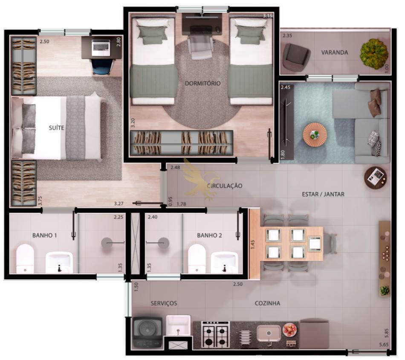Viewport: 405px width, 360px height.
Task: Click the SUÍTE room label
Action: click(x=57, y=128)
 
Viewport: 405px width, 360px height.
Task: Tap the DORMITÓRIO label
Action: click(x=203, y=83)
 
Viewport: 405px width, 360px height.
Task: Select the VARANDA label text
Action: click(x=335, y=52)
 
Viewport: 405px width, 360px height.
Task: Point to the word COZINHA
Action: click(x=267, y=303)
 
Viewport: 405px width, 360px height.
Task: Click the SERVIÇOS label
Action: click(x=164, y=303)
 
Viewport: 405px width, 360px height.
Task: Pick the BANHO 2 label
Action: click(x=209, y=235)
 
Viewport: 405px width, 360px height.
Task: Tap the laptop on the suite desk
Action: click(x=101, y=47)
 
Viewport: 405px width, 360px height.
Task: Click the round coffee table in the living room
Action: click(x=315, y=135)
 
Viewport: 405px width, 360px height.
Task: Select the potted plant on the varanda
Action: click(x=374, y=54)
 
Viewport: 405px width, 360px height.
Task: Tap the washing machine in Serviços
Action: click(x=148, y=332)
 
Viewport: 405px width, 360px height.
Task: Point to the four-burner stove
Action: click(x=215, y=334)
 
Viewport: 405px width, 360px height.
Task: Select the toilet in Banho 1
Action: click(x=25, y=258)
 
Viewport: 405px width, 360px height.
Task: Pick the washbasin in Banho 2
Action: click(x=224, y=262)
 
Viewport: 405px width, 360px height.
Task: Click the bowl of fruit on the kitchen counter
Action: click(x=290, y=330)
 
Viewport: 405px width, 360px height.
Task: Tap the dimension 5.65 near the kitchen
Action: click(x=384, y=345)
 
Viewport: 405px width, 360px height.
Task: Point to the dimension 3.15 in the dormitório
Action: click(x=268, y=16)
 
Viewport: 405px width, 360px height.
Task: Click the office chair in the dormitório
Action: click(x=201, y=47)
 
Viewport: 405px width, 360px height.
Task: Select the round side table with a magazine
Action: click(x=376, y=178)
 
